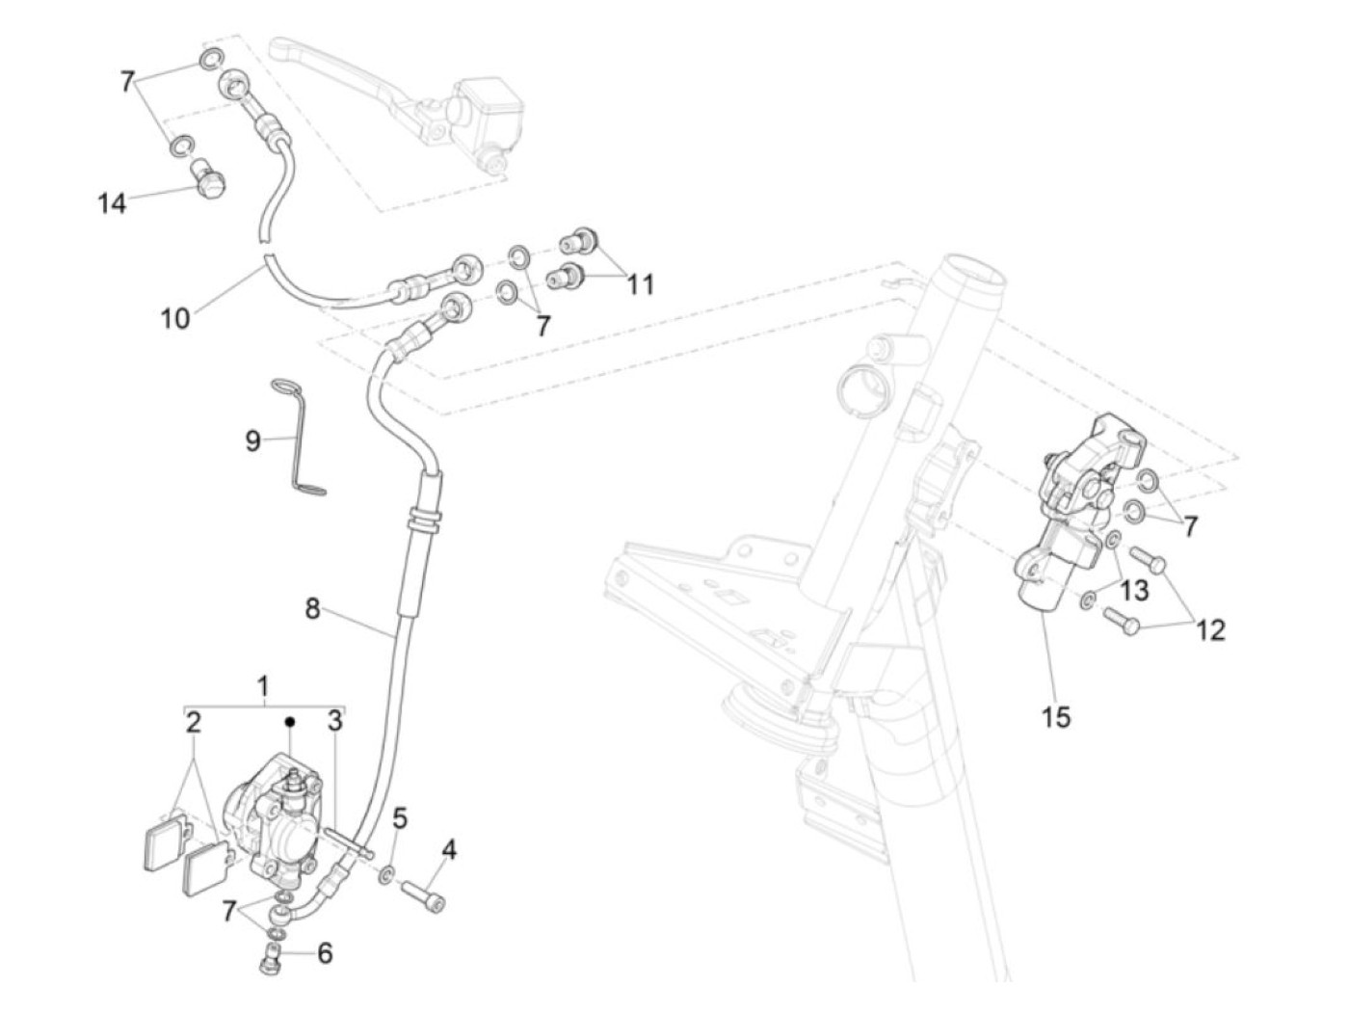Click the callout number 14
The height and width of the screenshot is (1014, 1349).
pos(112,203)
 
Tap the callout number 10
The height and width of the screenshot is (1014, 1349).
pos(175,317)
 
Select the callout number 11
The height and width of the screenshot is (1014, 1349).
pos(640,284)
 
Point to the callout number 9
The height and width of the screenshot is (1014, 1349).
pos(252,441)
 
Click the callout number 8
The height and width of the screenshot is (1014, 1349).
pos(312,609)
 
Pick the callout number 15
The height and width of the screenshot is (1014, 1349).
pos(1056,717)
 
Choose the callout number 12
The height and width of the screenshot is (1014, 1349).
pos(1210,629)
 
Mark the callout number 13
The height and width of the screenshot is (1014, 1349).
pos(1134,588)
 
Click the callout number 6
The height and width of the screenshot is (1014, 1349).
pos(325,953)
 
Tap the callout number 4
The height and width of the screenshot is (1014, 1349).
pos(449,849)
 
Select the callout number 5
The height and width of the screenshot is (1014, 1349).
pos(400,818)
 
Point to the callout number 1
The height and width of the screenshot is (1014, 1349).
pos(263,686)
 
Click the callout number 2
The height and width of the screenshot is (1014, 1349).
pos(194,722)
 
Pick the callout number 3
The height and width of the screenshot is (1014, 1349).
pos(334,721)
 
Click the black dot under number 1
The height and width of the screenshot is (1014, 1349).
pos(288,721)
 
